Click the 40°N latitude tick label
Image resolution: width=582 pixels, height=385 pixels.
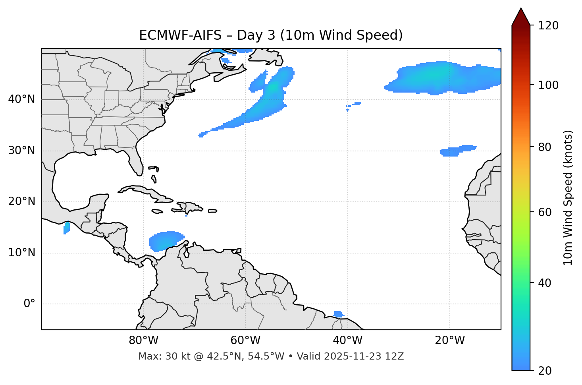[x=21, y=99]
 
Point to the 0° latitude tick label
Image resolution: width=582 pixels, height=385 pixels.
[x=29, y=304]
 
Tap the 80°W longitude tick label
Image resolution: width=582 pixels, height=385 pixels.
[x=143, y=341]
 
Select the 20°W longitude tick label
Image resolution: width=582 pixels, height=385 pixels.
[x=450, y=341]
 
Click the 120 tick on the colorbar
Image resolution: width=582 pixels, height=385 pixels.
[x=548, y=25]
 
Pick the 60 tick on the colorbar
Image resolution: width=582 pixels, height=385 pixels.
[x=543, y=212]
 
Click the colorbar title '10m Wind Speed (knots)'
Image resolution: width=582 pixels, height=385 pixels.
[x=568, y=197]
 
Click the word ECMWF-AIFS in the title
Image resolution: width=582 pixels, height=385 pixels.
[x=180, y=35]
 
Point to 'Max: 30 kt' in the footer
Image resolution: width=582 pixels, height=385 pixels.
[x=159, y=356]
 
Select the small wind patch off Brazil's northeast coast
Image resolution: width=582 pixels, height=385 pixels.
[x=339, y=314]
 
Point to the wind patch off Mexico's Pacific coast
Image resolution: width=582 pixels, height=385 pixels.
[x=66, y=228]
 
